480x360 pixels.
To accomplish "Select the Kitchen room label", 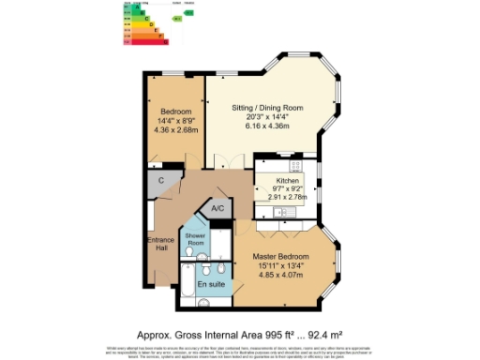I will [288, 180].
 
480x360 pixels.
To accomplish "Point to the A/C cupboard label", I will [217, 208].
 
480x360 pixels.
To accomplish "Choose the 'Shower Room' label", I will [195, 239].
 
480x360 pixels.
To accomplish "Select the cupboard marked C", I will [161, 179].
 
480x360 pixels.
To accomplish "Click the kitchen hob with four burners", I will [295, 166].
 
